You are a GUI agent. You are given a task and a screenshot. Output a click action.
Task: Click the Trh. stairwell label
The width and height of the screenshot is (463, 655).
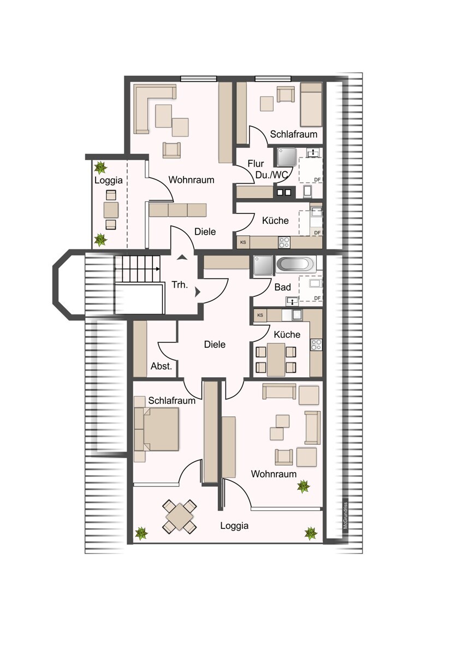(x=180, y=284)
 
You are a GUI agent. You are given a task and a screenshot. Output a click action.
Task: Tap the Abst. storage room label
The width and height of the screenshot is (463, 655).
(x=161, y=366)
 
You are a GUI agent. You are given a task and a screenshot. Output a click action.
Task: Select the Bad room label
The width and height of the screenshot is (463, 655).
(x=282, y=287)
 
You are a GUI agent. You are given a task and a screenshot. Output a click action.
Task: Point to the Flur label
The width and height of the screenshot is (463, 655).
(x=256, y=163)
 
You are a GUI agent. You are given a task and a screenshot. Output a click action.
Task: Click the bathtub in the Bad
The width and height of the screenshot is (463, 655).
(x=296, y=265)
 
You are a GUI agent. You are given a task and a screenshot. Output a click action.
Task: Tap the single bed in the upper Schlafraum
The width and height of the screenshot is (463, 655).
(x=311, y=105)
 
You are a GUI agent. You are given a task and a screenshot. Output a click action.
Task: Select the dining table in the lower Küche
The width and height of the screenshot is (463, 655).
(x=276, y=360)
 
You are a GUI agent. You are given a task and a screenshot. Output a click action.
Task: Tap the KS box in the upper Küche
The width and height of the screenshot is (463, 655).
(x=243, y=242)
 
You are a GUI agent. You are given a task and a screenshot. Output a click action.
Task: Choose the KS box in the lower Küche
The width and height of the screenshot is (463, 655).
(x=260, y=315)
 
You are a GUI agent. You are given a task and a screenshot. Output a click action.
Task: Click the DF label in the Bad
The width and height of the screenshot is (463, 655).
(x=317, y=298)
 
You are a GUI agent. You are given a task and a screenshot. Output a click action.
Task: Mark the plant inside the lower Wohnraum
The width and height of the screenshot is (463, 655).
(x=304, y=486)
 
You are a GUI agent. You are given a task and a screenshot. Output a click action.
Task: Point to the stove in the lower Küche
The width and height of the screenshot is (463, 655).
(x=316, y=344)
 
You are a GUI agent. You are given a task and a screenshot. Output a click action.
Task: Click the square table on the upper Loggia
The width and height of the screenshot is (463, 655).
(x=111, y=210)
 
